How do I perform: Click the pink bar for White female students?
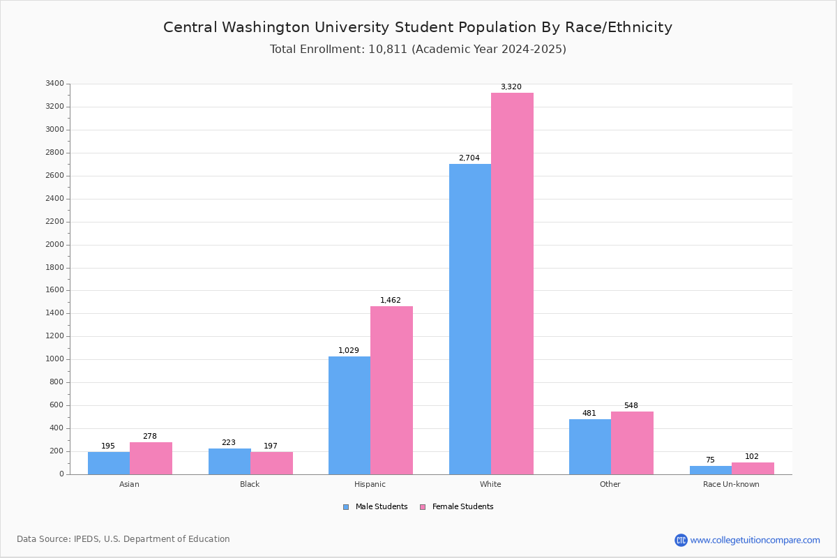(x=512, y=283)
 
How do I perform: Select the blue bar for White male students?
(x=470, y=319)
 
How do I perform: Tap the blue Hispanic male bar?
(x=349, y=415)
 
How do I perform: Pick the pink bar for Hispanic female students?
(x=391, y=390)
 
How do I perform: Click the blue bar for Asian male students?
(x=109, y=463)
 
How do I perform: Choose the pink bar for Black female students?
(x=271, y=463)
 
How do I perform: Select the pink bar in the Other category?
(x=632, y=443)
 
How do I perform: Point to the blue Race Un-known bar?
(x=711, y=470)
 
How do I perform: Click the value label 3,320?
(x=511, y=87)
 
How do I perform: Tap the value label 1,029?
(x=349, y=351)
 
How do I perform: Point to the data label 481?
(x=589, y=414)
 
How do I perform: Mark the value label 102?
(x=752, y=457)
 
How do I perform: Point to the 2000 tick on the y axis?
(x=54, y=245)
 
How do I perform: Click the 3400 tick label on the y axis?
(x=54, y=84)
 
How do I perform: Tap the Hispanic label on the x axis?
(x=370, y=484)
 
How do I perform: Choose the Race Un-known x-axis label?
(x=731, y=484)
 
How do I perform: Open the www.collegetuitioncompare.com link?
(x=755, y=540)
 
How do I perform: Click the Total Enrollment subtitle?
(x=418, y=50)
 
